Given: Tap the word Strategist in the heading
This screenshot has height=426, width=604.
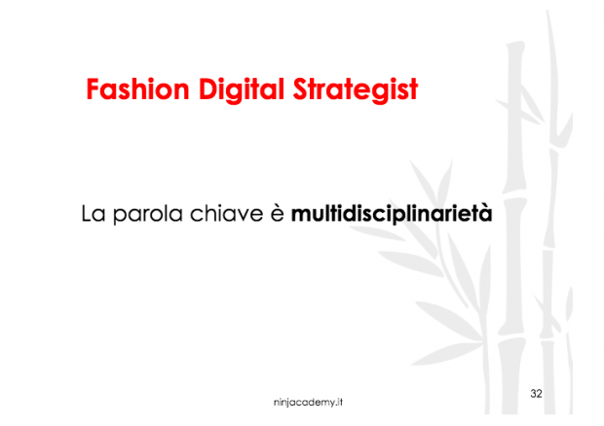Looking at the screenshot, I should (356, 90).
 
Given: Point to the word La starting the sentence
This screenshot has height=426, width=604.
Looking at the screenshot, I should (93, 212).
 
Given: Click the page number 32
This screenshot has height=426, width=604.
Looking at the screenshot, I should (537, 393).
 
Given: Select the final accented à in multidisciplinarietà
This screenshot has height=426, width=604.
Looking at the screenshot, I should (485, 212).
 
